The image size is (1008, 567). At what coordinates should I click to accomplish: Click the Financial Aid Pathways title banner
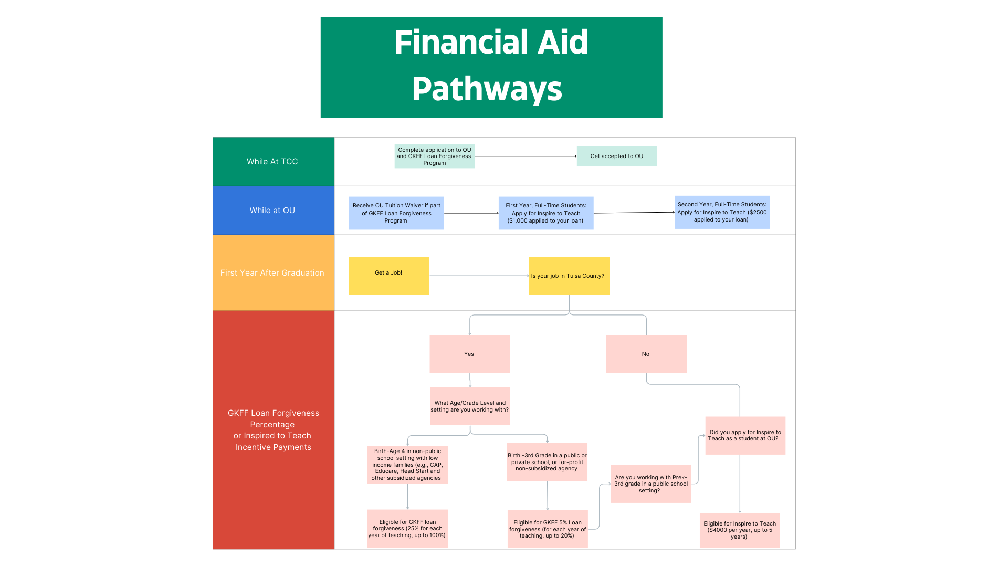[x=491, y=67]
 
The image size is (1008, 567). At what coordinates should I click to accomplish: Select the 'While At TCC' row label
[x=273, y=162]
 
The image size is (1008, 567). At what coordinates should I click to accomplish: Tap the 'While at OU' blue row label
[x=273, y=211]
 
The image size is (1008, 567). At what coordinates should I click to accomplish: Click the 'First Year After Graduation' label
[x=273, y=273]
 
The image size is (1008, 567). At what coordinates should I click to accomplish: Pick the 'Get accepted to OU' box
[x=616, y=156]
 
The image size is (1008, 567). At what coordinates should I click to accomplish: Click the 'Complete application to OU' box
[x=434, y=156]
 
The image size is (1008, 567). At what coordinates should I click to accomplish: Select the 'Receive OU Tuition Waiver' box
[x=396, y=213]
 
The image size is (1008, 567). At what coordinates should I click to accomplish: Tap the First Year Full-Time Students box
[x=545, y=213]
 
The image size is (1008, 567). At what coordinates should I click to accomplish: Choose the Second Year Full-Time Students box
[x=721, y=212]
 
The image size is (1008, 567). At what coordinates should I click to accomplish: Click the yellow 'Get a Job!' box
[x=389, y=276]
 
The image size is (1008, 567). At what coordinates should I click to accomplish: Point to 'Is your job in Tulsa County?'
[x=569, y=276]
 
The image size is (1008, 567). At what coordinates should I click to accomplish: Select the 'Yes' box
[x=469, y=354]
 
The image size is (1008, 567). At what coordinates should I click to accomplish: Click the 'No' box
[x=646, y=354]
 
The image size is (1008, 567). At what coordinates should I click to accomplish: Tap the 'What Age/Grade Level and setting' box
[x=470, y=406]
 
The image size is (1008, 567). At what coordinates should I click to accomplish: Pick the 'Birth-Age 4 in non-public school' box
[x=407, y=465]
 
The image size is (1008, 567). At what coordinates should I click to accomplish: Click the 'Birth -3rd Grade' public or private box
[x=547, y=462]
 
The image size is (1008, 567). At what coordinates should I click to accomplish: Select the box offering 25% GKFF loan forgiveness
[x=407, y=529]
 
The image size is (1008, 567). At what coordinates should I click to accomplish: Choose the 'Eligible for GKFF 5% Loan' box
[x=547, y=529]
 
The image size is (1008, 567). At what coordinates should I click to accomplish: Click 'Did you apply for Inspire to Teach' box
[x=745, y=436]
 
